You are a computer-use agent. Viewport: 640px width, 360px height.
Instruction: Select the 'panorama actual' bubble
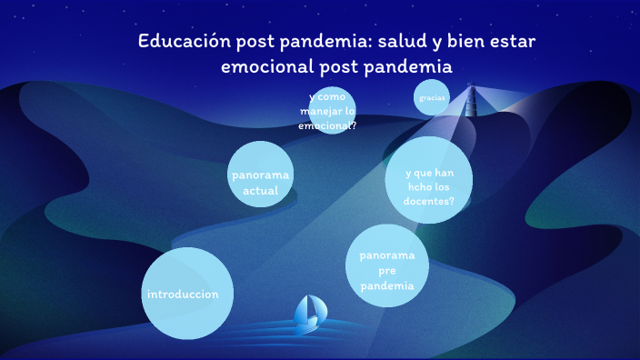(x=260, y=175)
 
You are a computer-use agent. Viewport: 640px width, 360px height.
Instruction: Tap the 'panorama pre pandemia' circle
(x=387, y=266)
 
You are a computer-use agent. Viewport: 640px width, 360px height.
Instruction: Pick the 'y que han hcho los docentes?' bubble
(x=428, y=180)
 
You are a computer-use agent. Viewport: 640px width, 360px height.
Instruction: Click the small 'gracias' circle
(x=431, y=97)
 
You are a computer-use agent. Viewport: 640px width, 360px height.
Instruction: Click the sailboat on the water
(x=309, y=312)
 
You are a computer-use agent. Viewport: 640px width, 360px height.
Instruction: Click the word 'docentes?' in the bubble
(x=430, y=201)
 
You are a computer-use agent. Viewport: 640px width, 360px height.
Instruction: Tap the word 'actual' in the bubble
(x=260, y=191)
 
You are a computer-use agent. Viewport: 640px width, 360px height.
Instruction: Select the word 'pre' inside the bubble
(x=387, y=271)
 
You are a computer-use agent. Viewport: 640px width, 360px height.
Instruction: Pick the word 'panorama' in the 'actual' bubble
(x=260, y=175)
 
